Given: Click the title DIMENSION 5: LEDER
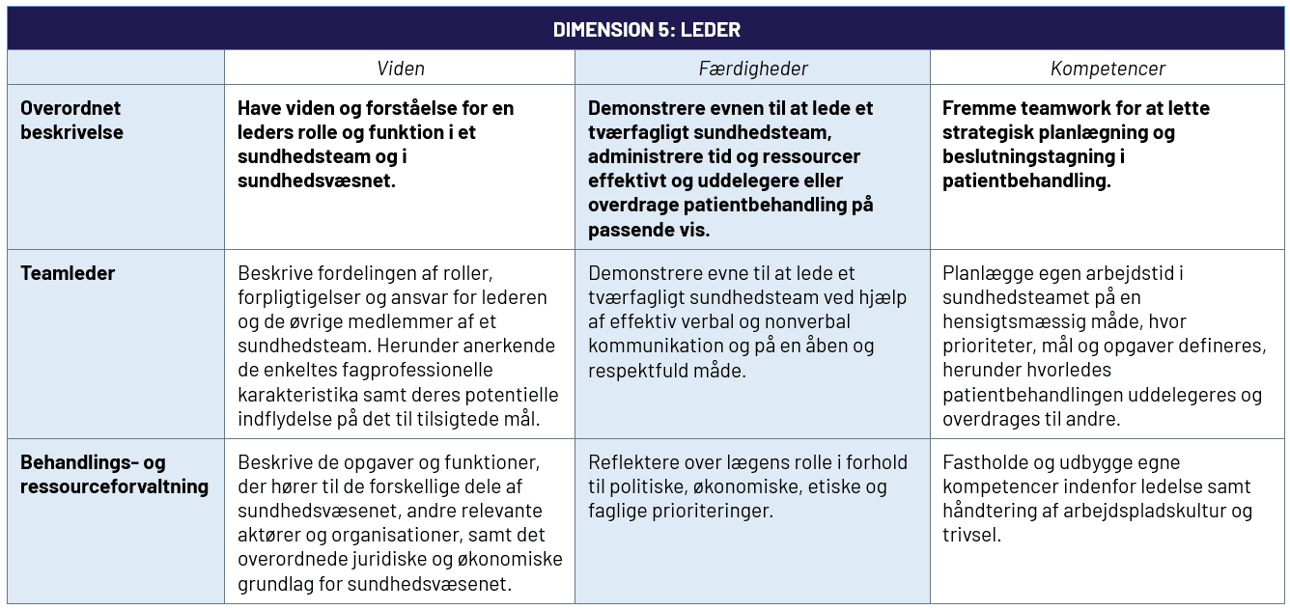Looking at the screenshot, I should (646, 30).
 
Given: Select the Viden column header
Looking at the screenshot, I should (400, 69).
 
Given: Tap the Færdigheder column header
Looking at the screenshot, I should (753, 69).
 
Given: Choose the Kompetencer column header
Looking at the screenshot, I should (1108, 69).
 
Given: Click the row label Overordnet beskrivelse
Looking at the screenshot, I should (71, 120).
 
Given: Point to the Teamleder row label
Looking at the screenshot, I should (68, 273).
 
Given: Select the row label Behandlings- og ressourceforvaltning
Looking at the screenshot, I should (114, 474).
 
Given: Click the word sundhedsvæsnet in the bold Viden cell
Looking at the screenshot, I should (316, 180).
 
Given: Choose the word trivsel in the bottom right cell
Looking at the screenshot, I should (970, 535).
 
